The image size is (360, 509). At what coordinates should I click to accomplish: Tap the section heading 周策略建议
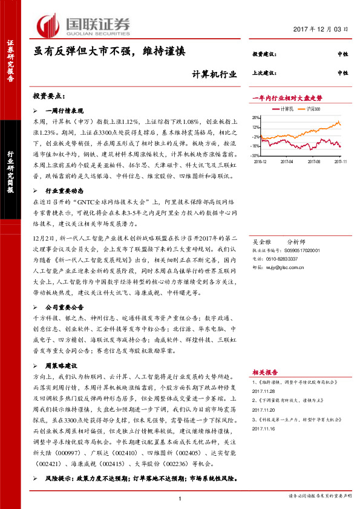[62, 366]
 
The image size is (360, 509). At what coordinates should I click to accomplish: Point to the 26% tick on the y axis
[256, 118]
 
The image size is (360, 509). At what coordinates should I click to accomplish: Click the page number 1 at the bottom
[180, 498]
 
